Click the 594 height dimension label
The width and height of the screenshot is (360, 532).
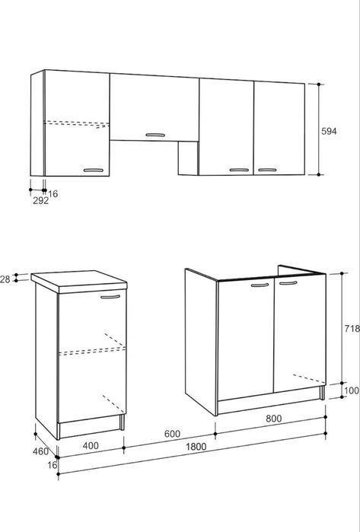coord(329,131)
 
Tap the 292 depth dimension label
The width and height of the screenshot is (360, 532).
coord(40,200)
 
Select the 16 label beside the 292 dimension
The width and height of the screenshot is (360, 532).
coord(53,194)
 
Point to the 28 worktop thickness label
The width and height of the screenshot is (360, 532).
coord(5,279)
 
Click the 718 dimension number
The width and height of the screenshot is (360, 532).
coord(352,329)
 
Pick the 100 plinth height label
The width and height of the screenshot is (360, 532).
coord(352,390)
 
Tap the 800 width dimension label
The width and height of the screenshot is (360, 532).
coord(273,419)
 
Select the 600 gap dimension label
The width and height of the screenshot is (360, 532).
coord(172,434)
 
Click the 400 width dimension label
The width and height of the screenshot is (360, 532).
coord(91,445)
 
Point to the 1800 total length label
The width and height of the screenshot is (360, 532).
coord(196,447)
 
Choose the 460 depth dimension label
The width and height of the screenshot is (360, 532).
coord(40,451)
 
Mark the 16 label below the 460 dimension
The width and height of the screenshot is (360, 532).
coord(53,465)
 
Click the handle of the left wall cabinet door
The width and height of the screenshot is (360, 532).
coord(94,170)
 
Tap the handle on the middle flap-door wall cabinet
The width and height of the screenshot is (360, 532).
coord(155,135)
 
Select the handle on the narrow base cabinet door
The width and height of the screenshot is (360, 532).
coord(110,297)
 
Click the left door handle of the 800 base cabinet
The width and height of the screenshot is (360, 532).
coord(260,285)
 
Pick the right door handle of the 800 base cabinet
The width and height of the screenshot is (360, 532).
coord(288,283)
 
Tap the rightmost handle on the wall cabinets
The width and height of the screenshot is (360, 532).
coord(267,170)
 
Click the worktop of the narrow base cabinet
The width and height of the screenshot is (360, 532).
coord(79,281)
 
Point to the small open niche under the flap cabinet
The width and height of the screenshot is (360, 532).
coord(188,158)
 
